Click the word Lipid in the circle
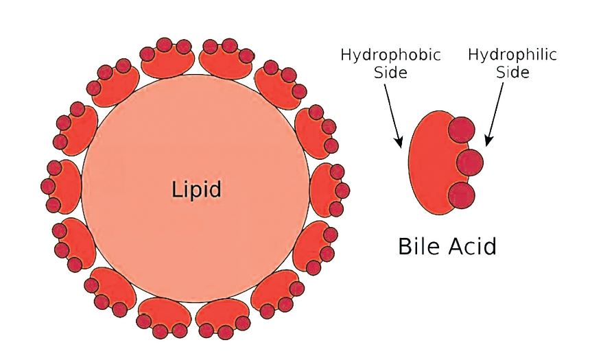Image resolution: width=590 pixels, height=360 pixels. pos(196,189)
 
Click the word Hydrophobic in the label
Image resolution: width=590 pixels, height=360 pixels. pos(390,55)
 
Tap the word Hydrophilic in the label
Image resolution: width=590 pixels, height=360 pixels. pos(512,55)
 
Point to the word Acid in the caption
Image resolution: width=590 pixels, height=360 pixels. pos(472,246)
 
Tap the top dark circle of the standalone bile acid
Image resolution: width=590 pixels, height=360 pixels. pos(462,129)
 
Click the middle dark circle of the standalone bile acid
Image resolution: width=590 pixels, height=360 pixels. pos(470,162)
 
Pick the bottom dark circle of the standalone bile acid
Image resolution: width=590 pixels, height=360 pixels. pos(462,195)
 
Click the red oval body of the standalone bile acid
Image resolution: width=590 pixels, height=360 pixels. pos(429,162)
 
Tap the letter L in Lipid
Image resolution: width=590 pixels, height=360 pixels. pos(175,189)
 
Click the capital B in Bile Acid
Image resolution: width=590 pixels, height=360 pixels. pos(405,246)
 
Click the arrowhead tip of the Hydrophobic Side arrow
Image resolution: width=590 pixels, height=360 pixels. pos(400,146)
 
